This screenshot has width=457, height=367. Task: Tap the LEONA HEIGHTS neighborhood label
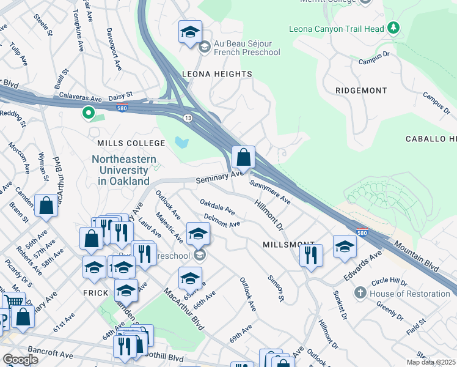(x=217, y=74)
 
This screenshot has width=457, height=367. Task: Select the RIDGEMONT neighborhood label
(x=361, y=91)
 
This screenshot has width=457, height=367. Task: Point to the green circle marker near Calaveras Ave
(x=88, y=113)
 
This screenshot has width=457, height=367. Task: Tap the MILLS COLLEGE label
(x=131, y=143)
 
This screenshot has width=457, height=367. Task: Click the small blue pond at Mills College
(x=181, y=143)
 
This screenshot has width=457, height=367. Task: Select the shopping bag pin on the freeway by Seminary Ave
(x=243, y=157)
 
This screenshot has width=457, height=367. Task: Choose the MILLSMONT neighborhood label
(x=288, y=244)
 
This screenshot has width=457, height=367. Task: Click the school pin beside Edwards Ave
(x=345, y=246)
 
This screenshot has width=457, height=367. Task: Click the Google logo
(x=20, y=359)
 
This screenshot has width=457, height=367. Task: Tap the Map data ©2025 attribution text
(x=431, y=362)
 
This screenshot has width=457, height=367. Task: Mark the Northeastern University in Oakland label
(x=120, y=170)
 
